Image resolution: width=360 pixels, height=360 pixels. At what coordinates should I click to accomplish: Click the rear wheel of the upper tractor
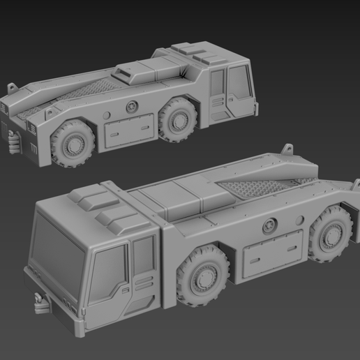[x=73, y=145]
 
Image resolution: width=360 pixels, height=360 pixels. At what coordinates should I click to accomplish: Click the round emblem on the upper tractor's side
[x=131, y=106]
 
